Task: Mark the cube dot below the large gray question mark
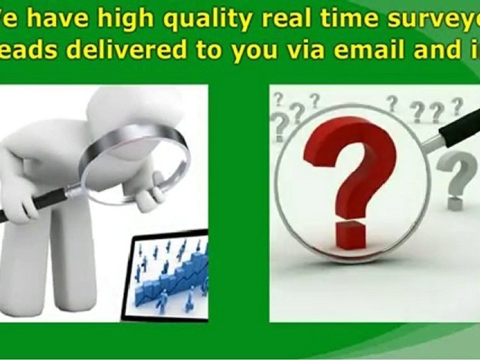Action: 455,203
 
